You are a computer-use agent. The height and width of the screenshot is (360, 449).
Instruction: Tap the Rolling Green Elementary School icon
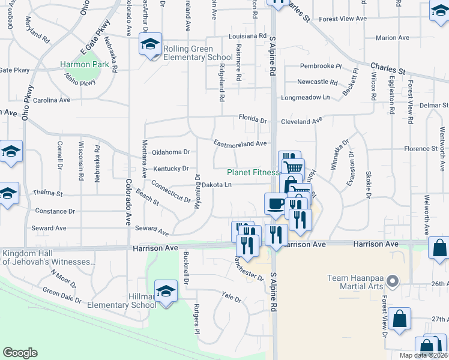[x=150, y=44]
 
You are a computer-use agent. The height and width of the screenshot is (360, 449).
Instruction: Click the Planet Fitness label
[x=252, y=172]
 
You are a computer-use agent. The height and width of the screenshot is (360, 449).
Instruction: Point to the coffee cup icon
[x=276, y=203]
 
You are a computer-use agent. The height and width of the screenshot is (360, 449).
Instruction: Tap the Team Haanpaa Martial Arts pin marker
[x=393, y=280]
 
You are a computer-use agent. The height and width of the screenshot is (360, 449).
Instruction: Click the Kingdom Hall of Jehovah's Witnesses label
[x=48, y=257]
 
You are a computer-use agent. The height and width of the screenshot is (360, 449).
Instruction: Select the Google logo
[x=20, y=353]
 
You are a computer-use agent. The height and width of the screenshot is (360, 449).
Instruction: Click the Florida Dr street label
[x=252, y=120]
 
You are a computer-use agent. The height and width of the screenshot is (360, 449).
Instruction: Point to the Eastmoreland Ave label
[x=240, y=143]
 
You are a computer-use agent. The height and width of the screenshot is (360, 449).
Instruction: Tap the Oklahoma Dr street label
[x=171, y=152]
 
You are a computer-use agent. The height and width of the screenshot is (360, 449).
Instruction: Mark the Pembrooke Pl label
[x=321, y=67]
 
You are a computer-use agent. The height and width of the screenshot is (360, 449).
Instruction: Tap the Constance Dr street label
[x=55, y=211]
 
